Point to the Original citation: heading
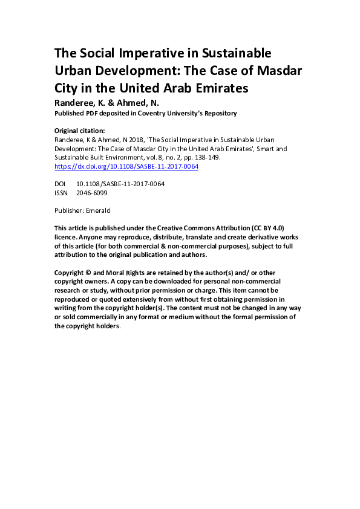80,130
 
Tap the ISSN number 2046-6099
93,192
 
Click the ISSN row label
61,192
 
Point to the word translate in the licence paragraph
184,237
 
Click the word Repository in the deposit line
217,113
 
